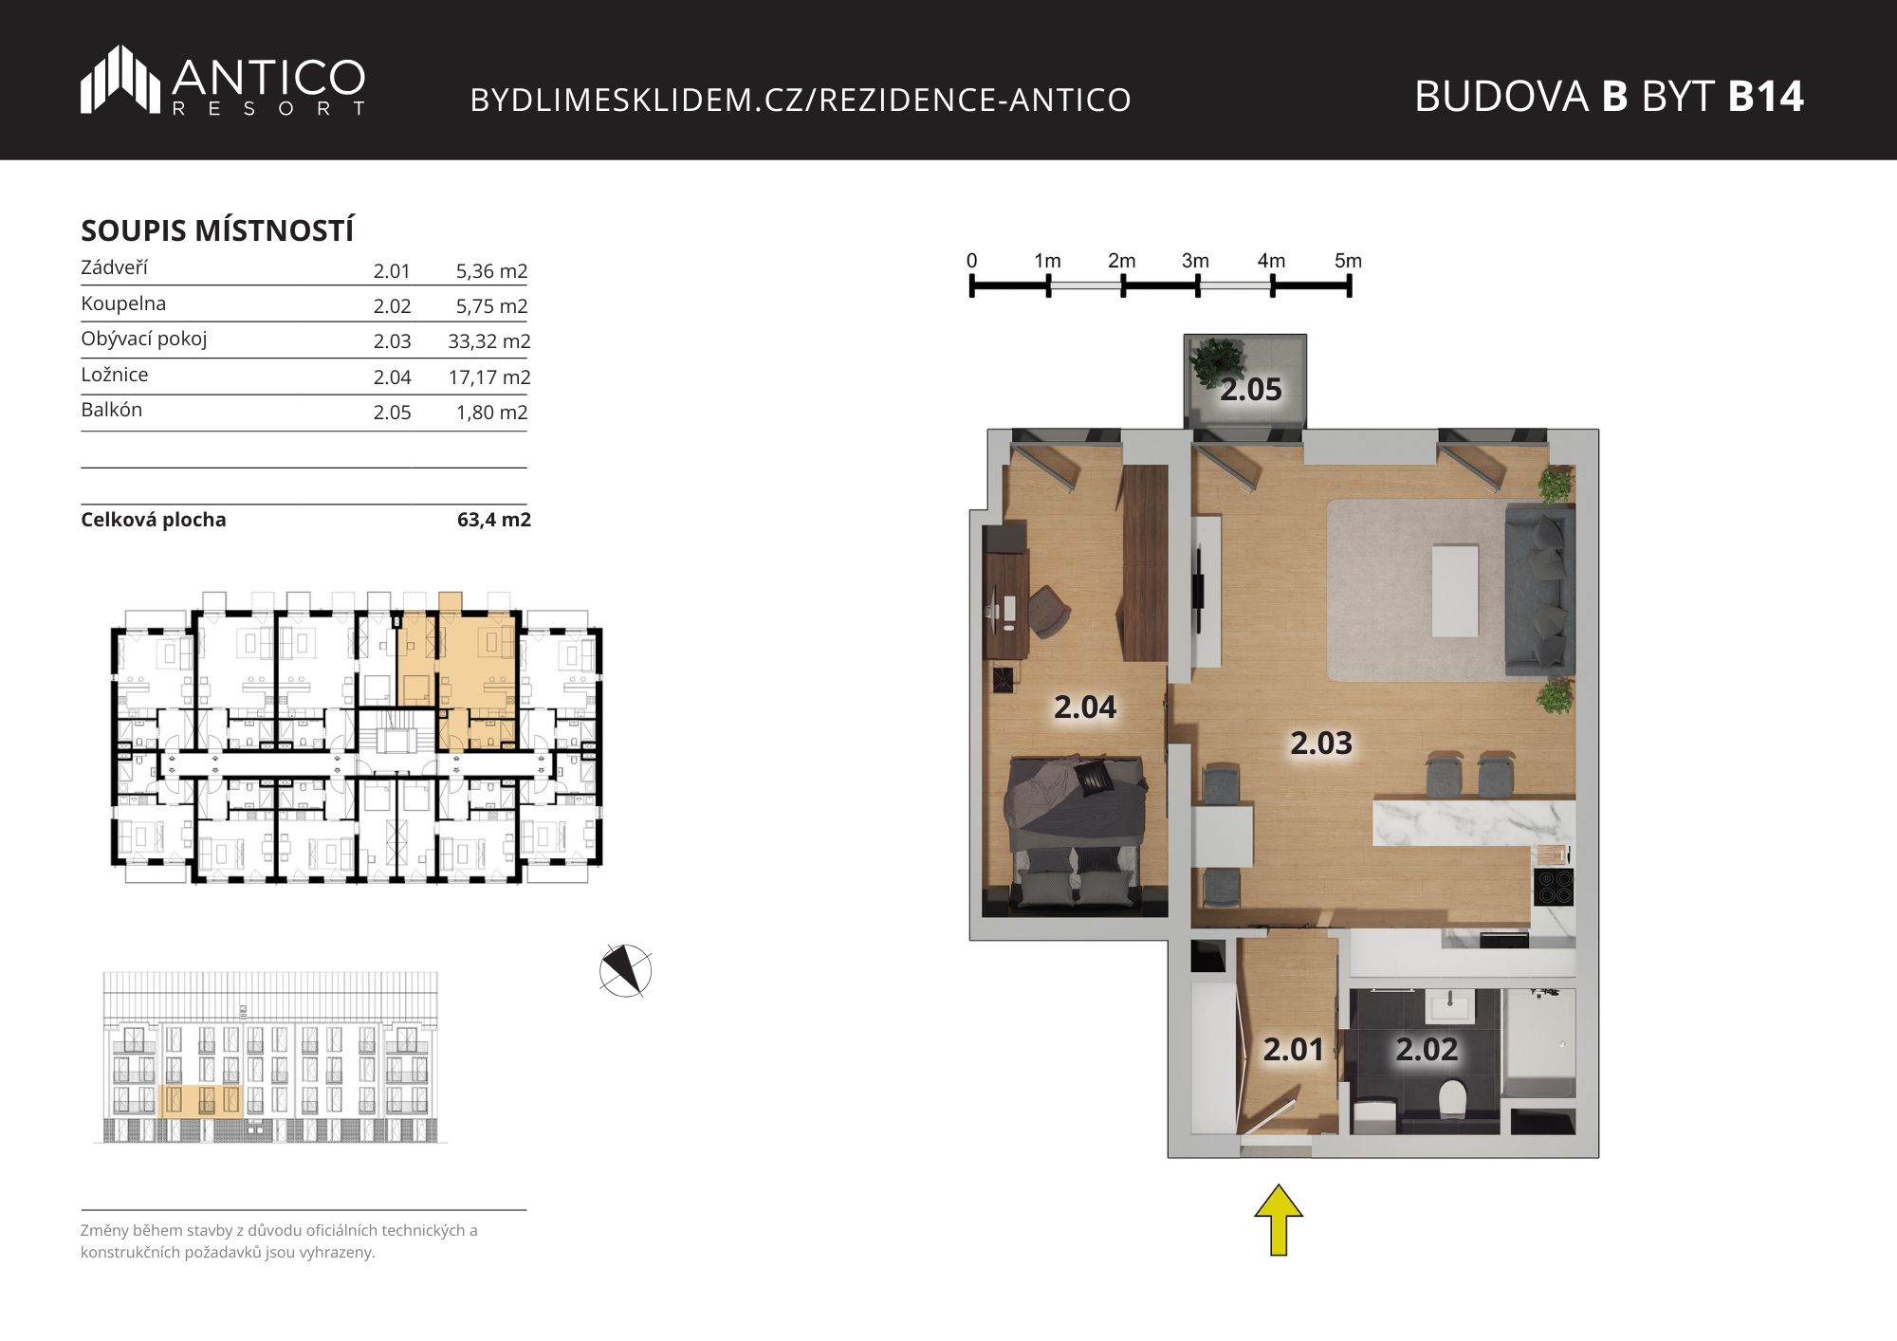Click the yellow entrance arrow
[1279, 1221]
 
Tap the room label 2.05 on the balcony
[1250, 390]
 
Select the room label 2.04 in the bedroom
[1085, 707]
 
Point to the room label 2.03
[1321, 743]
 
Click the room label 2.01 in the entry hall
[1293, 1049]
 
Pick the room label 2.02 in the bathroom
[1427, 1049]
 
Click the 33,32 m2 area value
[489, 341]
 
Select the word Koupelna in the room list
[123, 303]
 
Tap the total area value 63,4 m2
[494, 520]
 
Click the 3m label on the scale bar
[1195, 261]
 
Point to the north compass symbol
[625, 970]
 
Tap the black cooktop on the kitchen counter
[1554, 888]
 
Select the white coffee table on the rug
[1455, 590]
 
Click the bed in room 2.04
[1075, 833]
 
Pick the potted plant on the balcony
[1217, 361]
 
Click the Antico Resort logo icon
[120, 79]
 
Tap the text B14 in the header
[1765, 97]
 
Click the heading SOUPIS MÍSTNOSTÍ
[217, 230]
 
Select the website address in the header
[801, 100]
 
